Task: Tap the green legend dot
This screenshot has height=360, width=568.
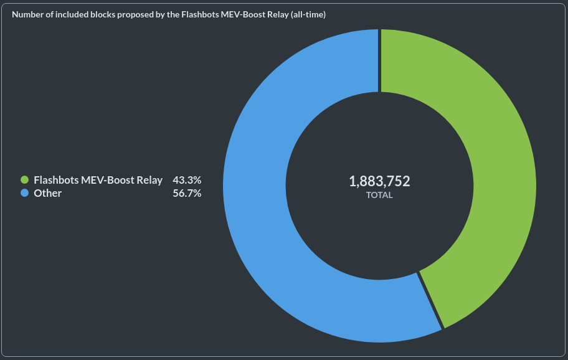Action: pyautogui.click(x=25, y=180)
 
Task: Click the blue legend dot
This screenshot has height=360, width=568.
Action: pyautogui.click(x=25, y=194)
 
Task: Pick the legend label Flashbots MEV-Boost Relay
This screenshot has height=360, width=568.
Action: pyautogui.click(x=98, y=180)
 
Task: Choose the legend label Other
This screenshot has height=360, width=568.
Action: pyautogui.click(x=48, y=194)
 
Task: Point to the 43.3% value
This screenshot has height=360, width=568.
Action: pyautogui.click(x=187, y=180)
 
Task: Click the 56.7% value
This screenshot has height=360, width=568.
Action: pyautogui.click(x=187, y=194)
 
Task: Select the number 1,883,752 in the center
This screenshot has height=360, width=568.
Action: pyautogui.click(x=379, y=181)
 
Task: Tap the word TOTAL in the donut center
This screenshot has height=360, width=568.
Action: pyautogui.click(x=379, y=195)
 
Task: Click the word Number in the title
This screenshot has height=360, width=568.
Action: pyautogui.click(x=27, y=14)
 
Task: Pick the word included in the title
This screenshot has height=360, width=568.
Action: pyautogui.click(x=70, y=14)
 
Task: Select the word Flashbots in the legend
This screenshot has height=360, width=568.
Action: pyautogui.click(x=56, y=180)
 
